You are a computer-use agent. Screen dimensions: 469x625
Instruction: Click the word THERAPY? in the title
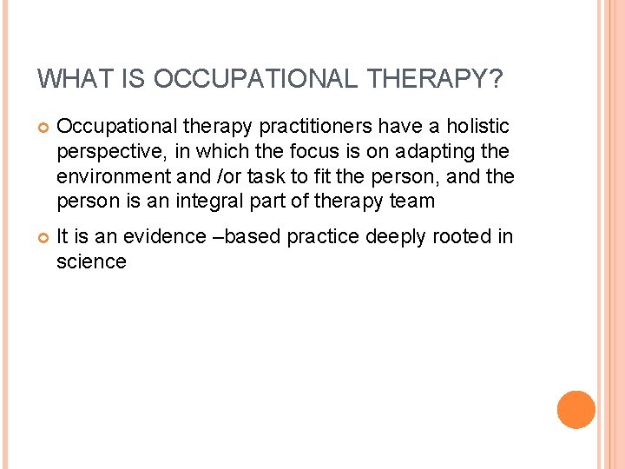[x=435, y=79]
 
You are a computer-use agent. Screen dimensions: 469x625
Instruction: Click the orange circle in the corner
[x=576, y=410]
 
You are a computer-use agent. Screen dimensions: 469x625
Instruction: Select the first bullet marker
[x=42, y=128]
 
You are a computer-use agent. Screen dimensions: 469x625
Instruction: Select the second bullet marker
[x=42, y=237]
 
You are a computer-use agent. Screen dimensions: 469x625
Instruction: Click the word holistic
[x=478, y=127]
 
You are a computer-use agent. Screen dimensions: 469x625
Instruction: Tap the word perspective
[x=110, y=152]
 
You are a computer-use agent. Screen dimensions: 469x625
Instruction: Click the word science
[x=91, y=261]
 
